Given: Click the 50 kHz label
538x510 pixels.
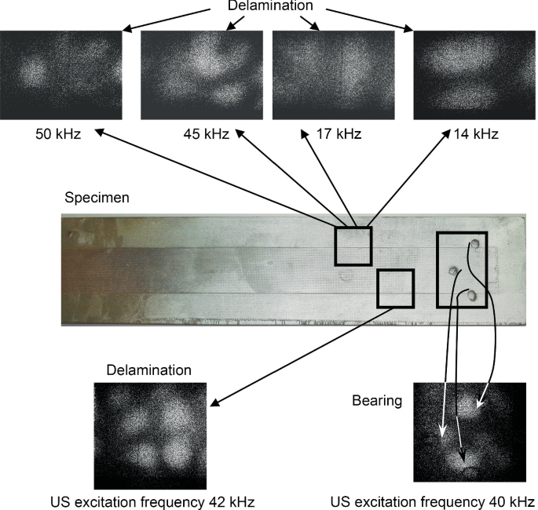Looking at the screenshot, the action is pos(59,134).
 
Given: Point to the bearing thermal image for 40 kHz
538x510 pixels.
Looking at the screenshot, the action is pos(468,432).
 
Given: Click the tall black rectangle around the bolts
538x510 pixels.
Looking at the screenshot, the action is pos(462,269).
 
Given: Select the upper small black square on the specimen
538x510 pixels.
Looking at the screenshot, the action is pos(353,246).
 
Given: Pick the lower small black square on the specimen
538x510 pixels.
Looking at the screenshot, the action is pos(395,289).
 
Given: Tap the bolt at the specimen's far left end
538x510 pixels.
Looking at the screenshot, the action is pos(74,234).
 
